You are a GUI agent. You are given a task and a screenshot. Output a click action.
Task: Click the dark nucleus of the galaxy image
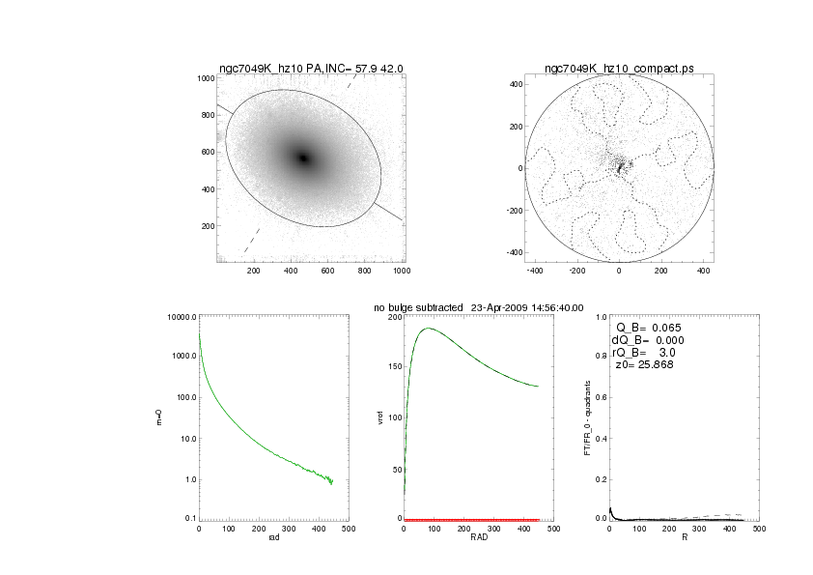[304, 158]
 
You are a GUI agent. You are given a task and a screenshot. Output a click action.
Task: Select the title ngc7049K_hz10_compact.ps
[619, 69]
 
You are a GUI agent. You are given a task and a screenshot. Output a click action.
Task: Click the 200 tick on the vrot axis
[393, 317]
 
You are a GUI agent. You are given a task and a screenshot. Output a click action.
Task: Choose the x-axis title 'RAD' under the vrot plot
[478, 538]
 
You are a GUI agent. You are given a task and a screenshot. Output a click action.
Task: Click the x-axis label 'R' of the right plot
[685, 538]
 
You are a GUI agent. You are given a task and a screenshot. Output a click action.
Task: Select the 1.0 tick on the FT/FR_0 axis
[601, 317]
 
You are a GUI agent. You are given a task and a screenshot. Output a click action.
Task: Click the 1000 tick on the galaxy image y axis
[204, 78]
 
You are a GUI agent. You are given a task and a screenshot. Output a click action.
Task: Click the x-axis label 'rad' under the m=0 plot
[273, 538]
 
